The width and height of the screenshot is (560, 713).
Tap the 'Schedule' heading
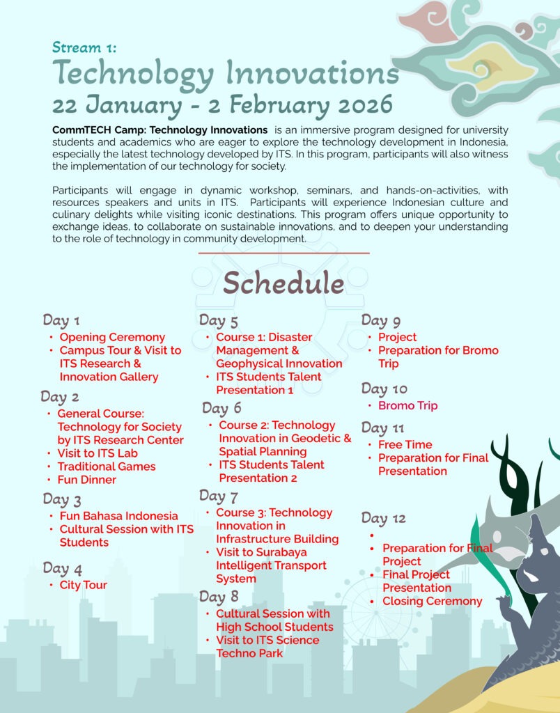click(x=283, y=283)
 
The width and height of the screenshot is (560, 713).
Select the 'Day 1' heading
click(x=61, y=320)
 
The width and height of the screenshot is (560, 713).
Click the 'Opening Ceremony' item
click(x=112, y=337)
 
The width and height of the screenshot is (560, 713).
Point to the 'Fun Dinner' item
click(x=87, y=480)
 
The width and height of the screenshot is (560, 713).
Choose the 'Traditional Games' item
click(x=107, y=467)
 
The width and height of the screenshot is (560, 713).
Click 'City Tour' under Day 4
click(x=84, y=585)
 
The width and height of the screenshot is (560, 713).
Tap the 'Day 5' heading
click(x=219, y=320)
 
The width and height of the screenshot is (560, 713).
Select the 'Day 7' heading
click(x=219, y=496)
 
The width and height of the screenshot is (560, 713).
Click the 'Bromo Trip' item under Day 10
click(x=407, y=405)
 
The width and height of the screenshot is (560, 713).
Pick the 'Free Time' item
click(x=405, y=444)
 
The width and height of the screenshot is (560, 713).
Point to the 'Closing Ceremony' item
click(x=433, y=601)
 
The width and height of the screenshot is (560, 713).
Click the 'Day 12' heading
click(x=383, y=518)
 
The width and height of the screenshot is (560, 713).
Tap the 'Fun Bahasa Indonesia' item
click(x=118, y=516)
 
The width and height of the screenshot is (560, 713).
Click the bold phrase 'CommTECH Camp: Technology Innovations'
click(x=160, y=130)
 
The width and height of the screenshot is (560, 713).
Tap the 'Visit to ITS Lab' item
click(x=98, y=453)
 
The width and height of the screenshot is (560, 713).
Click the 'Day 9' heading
click(x=381, y=320)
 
